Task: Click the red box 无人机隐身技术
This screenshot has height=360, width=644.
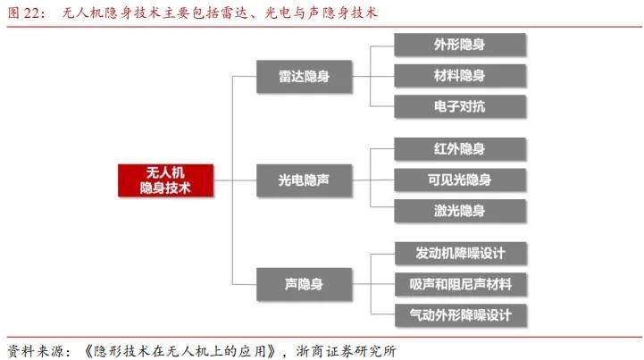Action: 166,180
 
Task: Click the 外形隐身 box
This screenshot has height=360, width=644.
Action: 459,45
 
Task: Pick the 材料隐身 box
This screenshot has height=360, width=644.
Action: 459,76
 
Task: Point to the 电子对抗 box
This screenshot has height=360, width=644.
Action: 459,107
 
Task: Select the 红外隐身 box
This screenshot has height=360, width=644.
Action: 459,148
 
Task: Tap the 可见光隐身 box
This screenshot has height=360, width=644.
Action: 459,180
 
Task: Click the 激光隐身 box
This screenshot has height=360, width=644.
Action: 459,211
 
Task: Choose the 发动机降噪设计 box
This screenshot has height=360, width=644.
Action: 459,252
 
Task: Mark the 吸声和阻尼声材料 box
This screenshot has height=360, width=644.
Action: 459,283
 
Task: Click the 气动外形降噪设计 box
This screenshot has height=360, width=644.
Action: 459,314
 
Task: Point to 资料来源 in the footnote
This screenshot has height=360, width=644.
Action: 36,349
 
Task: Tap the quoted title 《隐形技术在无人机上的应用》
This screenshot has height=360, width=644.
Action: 188,349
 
